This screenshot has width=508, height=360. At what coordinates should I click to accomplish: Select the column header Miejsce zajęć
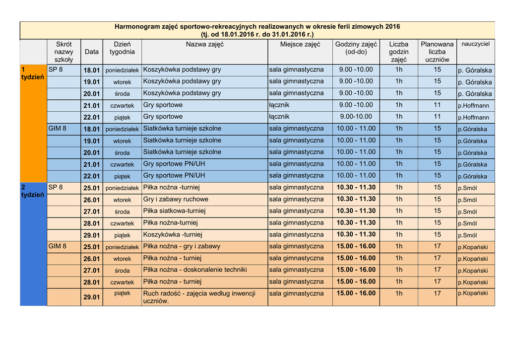click(300, 45)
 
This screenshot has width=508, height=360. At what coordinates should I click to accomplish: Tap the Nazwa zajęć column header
click(204, 45)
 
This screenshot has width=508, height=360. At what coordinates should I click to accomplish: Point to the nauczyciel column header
click(475, 44)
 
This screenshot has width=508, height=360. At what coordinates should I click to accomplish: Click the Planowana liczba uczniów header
click(437, 52)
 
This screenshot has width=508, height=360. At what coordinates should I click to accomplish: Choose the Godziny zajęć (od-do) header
click(356, 48)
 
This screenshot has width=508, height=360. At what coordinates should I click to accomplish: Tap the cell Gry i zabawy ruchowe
click(176, 199)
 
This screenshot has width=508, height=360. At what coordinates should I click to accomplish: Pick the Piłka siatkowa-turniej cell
click(174, 211)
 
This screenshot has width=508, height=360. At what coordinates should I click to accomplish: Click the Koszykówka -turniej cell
click(173, 234)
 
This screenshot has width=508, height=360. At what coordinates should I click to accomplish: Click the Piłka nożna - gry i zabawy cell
click(182, 246)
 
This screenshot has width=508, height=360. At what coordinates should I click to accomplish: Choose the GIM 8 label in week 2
click(58, 246)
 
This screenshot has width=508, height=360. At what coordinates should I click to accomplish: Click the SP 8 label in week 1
click(56, 70)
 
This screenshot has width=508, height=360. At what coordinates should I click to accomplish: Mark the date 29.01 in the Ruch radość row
click(92, 297)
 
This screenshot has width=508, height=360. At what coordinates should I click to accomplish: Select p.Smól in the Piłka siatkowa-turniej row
click(467, 212)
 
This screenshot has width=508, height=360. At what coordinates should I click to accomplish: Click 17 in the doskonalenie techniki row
click(437, 270)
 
